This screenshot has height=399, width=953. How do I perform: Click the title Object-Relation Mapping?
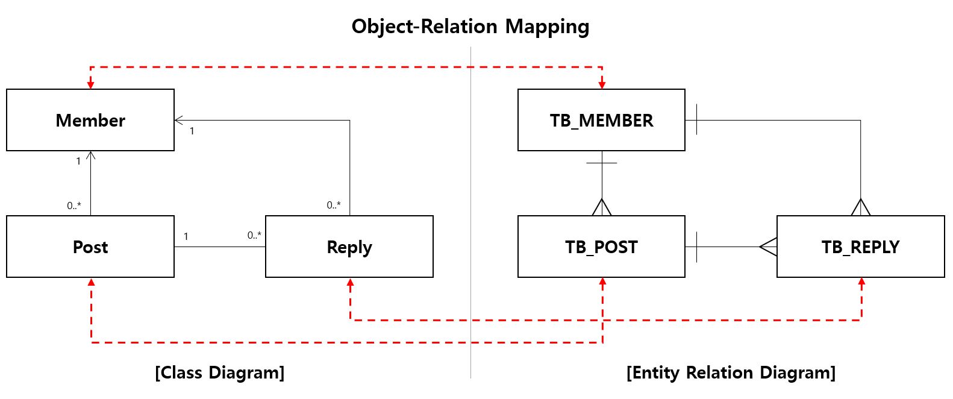(x=470, y=27)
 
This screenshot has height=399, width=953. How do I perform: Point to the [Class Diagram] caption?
(x=219, y=372)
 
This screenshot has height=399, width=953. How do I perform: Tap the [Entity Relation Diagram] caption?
(x=731, y=372)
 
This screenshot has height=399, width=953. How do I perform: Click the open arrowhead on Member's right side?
(x=179, y=120)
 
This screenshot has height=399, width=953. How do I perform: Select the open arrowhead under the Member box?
(x=90, y=155)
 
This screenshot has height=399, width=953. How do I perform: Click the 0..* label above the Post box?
(x=74, y=206)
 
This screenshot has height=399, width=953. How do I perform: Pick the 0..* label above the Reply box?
(x=334, y=206)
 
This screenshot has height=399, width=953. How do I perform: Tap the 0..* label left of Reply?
(x=254, y=235)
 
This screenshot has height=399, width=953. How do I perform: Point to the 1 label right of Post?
(x=186, y=236)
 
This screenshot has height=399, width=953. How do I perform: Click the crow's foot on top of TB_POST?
(x=602, y=207)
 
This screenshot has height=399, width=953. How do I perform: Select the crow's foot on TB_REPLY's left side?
(x=768, y=247)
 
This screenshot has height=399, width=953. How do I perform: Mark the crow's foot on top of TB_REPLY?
(x=861, y=207)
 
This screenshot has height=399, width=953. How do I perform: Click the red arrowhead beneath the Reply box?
(x=350, y=282)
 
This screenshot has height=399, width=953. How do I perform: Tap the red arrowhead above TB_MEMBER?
(x=602, y=85)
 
